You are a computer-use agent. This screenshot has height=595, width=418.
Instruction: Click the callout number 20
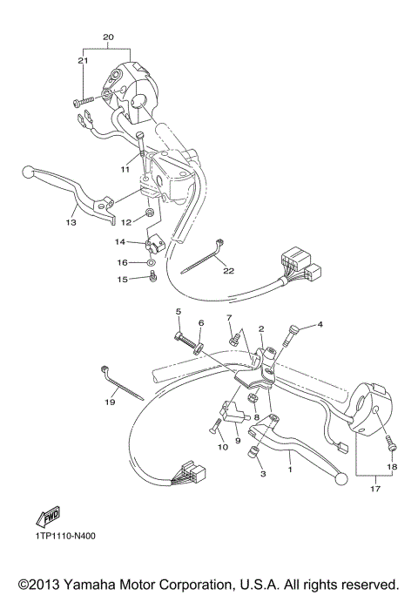coord(108,37)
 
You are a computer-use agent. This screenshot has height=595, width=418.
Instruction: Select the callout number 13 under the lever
coord(71,222)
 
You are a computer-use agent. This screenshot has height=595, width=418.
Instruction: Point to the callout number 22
coord(229,271)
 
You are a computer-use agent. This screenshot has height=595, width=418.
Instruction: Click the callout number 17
coord(374,489)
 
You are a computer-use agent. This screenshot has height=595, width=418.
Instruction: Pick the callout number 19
coord(110,402)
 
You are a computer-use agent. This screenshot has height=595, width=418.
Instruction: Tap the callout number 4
coord(320,325)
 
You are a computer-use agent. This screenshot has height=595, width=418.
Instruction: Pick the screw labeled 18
coord(391,446)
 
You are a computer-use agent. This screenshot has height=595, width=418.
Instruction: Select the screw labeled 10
coord(214,427)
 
